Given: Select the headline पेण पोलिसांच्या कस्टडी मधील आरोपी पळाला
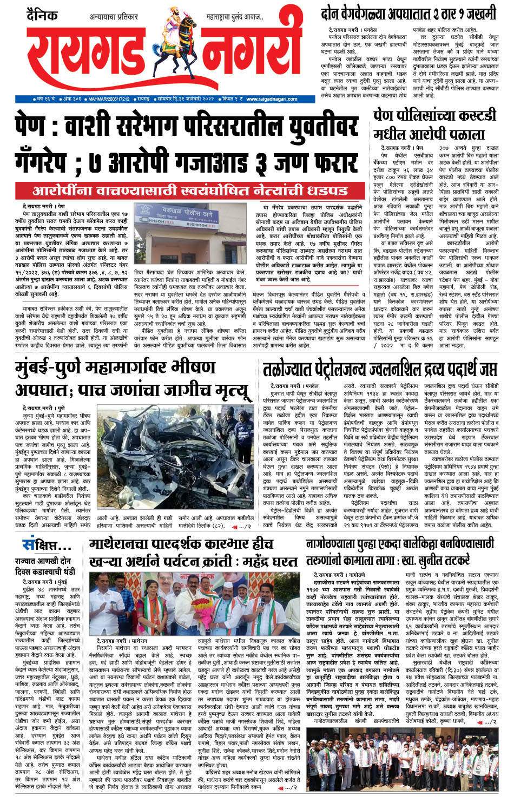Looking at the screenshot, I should tap(434, 124).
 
